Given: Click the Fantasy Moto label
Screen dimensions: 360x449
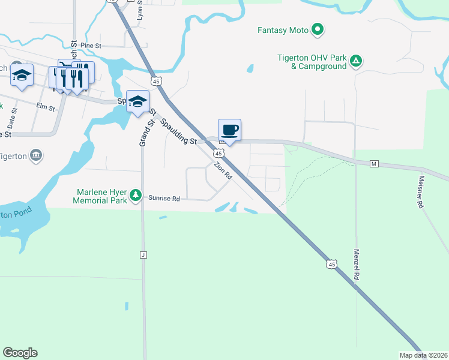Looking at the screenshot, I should point(283,30).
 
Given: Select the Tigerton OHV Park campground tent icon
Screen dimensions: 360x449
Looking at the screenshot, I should point(356,61).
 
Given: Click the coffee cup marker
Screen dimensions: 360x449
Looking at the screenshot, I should point(229,130).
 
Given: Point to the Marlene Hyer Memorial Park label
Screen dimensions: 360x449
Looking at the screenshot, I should point(101,196).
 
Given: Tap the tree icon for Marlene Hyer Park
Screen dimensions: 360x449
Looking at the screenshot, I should point(136,195).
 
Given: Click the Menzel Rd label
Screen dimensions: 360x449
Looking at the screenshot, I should point(357,265).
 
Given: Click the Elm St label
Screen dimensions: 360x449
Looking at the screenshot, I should point(46,107).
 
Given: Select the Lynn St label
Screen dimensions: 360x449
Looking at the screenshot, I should point(140,10).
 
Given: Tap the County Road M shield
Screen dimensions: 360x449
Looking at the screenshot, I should point(373,164).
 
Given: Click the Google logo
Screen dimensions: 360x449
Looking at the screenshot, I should point(20,353).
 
